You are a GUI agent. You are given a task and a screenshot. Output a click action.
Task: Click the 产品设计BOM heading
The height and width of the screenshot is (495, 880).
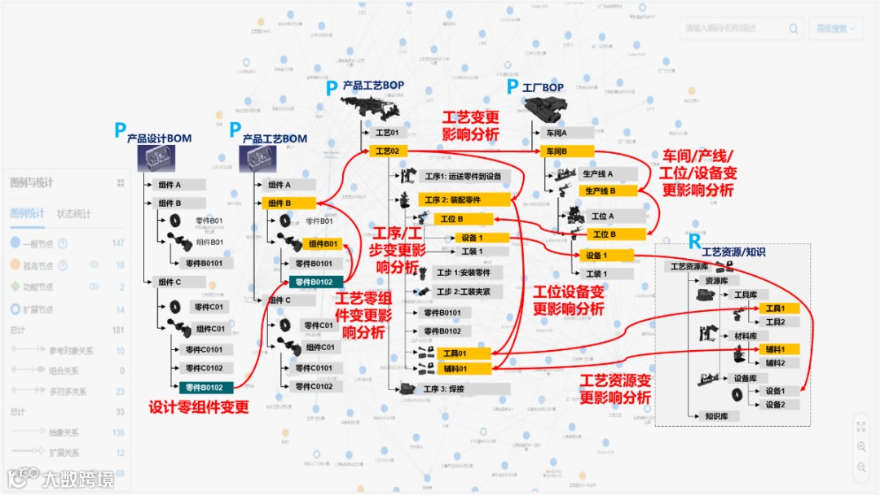point(159,138)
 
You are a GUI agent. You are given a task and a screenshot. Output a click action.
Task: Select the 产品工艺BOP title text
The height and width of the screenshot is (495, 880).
point(372,85)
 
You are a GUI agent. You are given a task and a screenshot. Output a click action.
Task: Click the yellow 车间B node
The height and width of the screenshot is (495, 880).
point(566,151)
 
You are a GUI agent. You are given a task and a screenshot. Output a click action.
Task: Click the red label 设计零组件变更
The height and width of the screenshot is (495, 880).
point(199,407)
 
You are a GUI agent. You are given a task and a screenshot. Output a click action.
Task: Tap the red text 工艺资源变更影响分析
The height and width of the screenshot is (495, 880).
point(615,389)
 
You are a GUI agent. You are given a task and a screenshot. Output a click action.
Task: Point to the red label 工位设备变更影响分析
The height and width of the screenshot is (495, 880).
point(569,300)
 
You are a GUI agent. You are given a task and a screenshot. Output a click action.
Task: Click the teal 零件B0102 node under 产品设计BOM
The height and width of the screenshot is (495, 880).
point(204,388)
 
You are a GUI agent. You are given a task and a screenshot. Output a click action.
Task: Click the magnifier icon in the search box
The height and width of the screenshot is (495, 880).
point(794,28)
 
